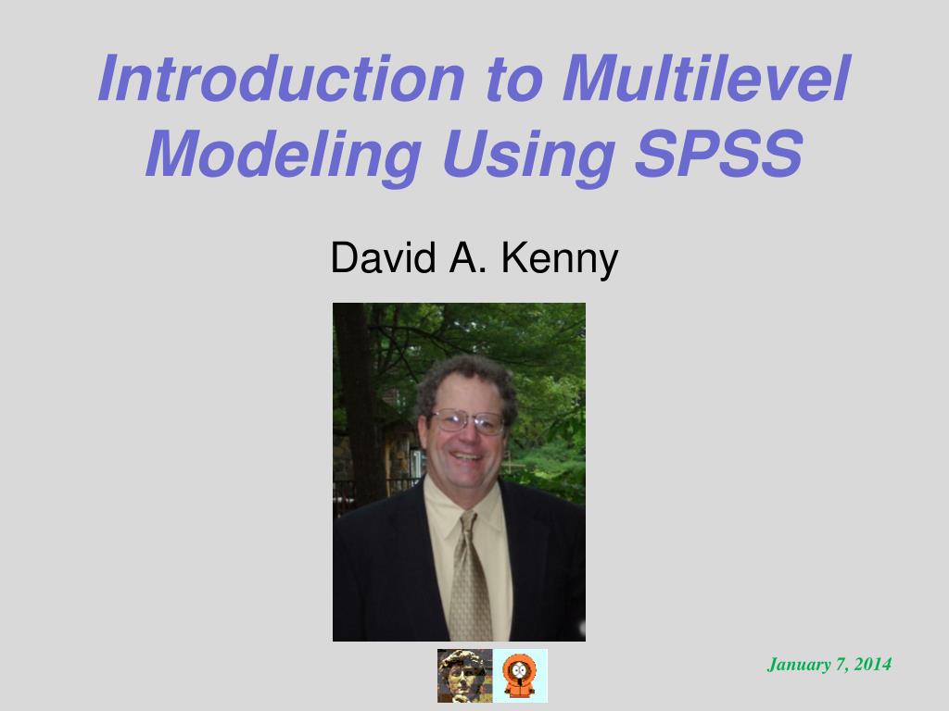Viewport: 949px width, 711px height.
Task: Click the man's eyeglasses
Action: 469,421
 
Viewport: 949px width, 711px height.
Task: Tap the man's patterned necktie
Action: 470,579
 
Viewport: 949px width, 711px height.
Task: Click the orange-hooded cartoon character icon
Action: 520,676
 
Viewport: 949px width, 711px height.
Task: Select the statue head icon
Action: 464,676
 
